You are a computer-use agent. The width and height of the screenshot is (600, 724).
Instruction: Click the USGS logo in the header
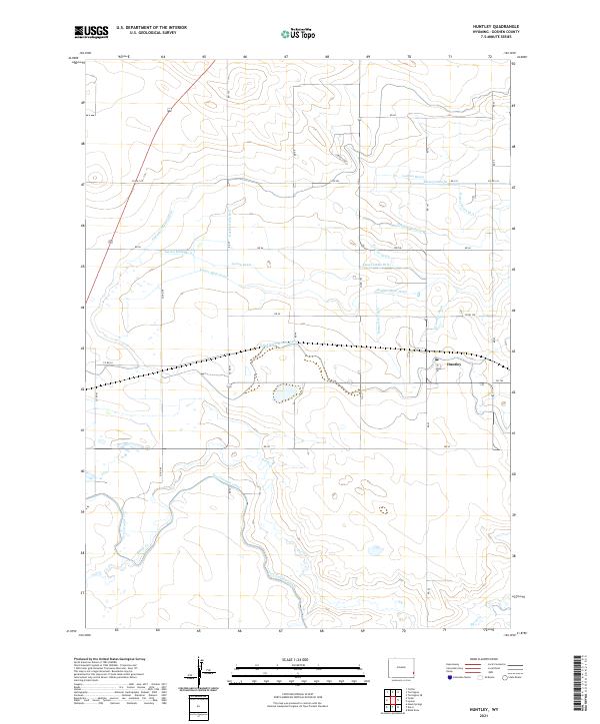(x=90, y=32)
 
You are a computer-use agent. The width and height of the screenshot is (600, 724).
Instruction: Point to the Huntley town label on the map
(x=445, y=364)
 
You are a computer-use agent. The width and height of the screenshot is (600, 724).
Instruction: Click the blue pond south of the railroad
(x=285, y=393)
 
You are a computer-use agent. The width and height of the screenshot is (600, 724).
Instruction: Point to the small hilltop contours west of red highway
(x=100, y=180)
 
